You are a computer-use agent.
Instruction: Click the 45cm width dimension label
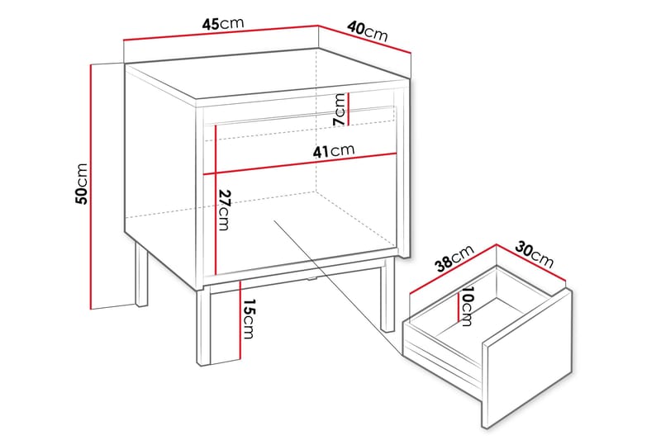click(222, 24)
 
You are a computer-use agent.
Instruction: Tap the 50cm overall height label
click(80, 183)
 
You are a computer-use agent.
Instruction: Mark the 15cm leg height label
click(247, 319)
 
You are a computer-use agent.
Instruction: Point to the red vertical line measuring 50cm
click(90, 186)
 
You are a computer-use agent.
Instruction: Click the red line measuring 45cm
click(221, 33)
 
